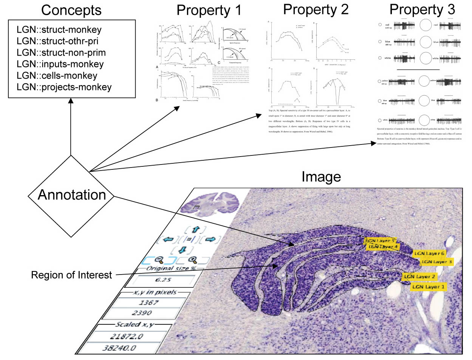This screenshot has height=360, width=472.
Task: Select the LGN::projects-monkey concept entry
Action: (x=65, y=87)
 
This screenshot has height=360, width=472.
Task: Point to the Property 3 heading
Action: (x=422, y=9)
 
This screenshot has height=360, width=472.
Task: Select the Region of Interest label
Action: (x=71, y=275)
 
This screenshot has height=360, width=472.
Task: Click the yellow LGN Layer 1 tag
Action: (x=429, y=287)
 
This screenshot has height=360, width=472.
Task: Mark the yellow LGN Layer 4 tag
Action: (x=383, y=247)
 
